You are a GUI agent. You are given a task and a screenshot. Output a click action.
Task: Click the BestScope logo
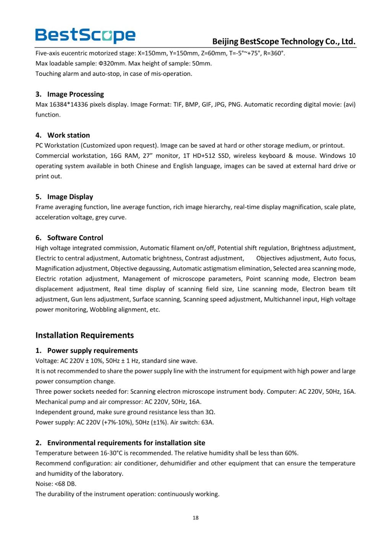click(85, 35)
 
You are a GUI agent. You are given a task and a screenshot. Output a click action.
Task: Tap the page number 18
click(195, 518)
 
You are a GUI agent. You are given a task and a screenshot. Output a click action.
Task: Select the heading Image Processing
click(75, 94)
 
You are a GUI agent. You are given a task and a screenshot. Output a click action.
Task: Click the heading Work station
click(68, 135)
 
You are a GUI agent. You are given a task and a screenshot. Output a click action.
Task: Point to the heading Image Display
click(70, 197)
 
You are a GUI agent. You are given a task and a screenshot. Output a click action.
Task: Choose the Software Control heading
click(75, 238)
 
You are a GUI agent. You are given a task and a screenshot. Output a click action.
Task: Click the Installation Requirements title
click(84, 335)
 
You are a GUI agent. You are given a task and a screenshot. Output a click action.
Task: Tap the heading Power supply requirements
click(92, 351)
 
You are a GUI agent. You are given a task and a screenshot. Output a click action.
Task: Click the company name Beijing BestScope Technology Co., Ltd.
click(284, 42)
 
